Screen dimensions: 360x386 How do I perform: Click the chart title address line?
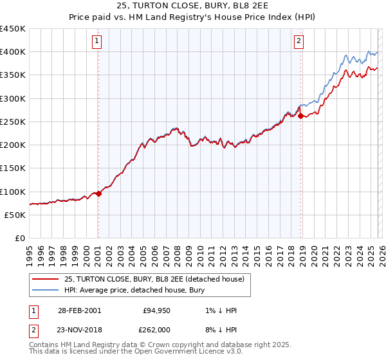(x=193, y=7)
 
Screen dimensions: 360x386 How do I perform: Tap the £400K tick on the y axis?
(x=13, y=52)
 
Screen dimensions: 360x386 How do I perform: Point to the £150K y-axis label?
(x=13, y=168)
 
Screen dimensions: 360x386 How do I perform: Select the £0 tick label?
(x=19, y=239)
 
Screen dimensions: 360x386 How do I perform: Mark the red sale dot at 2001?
(x=98, y=194)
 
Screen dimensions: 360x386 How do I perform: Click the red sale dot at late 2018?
(x=300, y=116)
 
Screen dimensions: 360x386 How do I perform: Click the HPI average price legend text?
(x=134, y=290)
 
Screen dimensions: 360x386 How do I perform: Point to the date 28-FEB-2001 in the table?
(x=78, y=310)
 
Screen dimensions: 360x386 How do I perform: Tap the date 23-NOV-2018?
(x=78, y=330)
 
